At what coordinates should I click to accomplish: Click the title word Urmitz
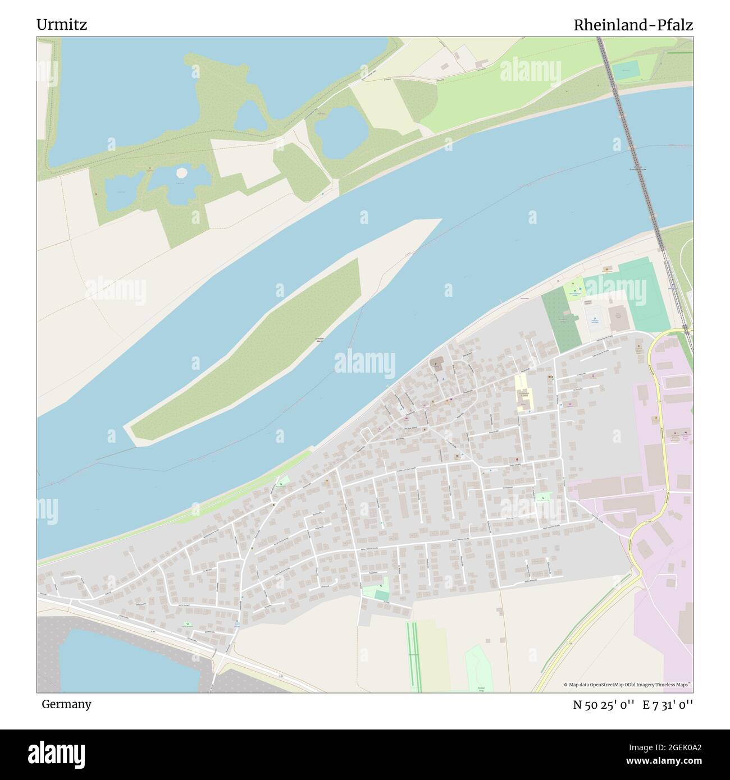point(62,25)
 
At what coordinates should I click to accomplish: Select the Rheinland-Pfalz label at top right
point(633,25)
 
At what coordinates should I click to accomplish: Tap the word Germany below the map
point(66,704)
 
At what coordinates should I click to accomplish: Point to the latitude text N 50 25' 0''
point(604,704)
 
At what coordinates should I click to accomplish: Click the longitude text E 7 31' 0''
point(668,704)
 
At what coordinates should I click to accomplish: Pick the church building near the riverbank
point(437,365)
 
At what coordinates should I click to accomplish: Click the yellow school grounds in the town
point(523,393)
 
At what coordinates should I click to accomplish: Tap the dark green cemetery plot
point(562,320)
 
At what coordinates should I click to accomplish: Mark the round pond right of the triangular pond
point(339,132)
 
